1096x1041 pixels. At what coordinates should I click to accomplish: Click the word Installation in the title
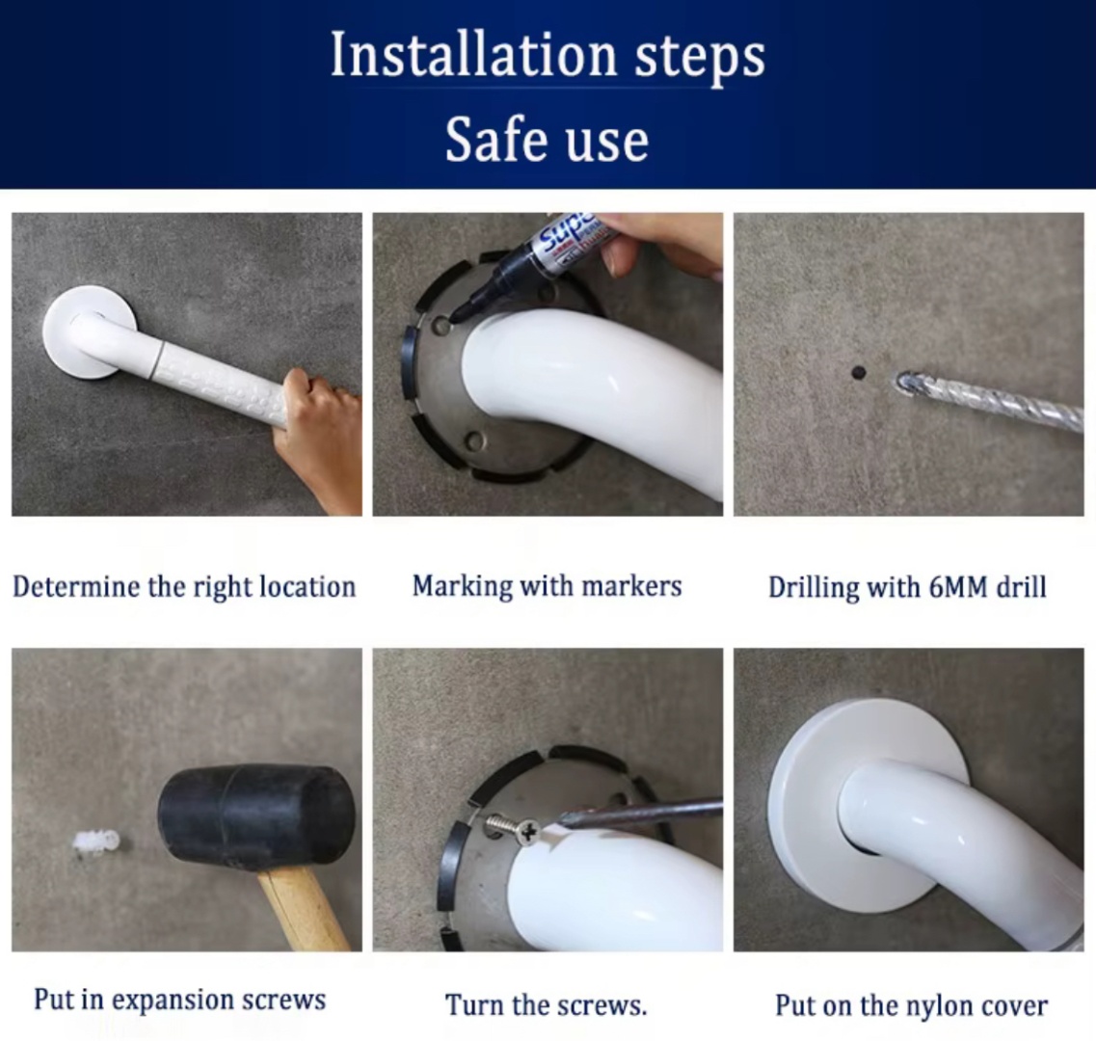point(473,55)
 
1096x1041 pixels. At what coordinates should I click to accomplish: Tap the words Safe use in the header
point(547,139)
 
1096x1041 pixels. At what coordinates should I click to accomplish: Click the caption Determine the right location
point(184,586)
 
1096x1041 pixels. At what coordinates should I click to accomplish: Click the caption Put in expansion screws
point(179,999)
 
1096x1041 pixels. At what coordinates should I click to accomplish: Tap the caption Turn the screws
point(547,1005)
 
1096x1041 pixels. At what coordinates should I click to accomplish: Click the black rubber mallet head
point(255,817)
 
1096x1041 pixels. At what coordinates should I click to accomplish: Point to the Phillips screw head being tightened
point(528,832)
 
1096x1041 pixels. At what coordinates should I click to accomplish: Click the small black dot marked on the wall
point(858,373)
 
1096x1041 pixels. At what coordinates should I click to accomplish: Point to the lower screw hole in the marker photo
point(474,441)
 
